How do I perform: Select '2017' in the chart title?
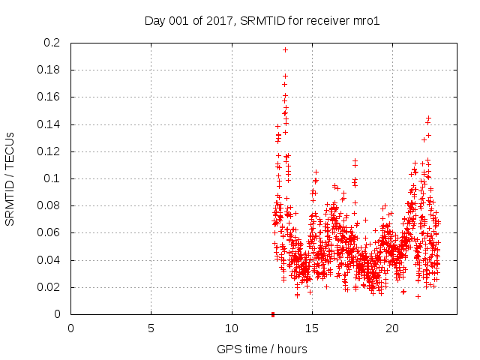tap(221, 21)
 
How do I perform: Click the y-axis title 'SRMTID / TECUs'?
tap(10, 178)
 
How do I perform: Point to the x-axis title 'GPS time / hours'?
tap(262, 349)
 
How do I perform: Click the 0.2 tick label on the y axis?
tap(53, 43)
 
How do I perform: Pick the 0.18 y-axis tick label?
tap(50, 70)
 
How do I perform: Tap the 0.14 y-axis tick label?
tap(50, 124)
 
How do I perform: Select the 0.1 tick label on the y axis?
tap(53, 178)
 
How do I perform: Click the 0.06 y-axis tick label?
tap(50, 233)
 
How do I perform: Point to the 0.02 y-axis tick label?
tap(50, 287)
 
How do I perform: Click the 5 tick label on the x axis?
tap(151, 328)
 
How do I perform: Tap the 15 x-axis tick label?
tap(312, 328)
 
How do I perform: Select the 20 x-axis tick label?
tap(392, 328)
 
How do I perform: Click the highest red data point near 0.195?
tap(285, 49)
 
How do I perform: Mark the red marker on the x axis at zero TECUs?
tap(273, 314)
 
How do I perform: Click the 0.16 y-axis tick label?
tap(50, 97)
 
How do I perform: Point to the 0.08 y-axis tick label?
tap(50, 205)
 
